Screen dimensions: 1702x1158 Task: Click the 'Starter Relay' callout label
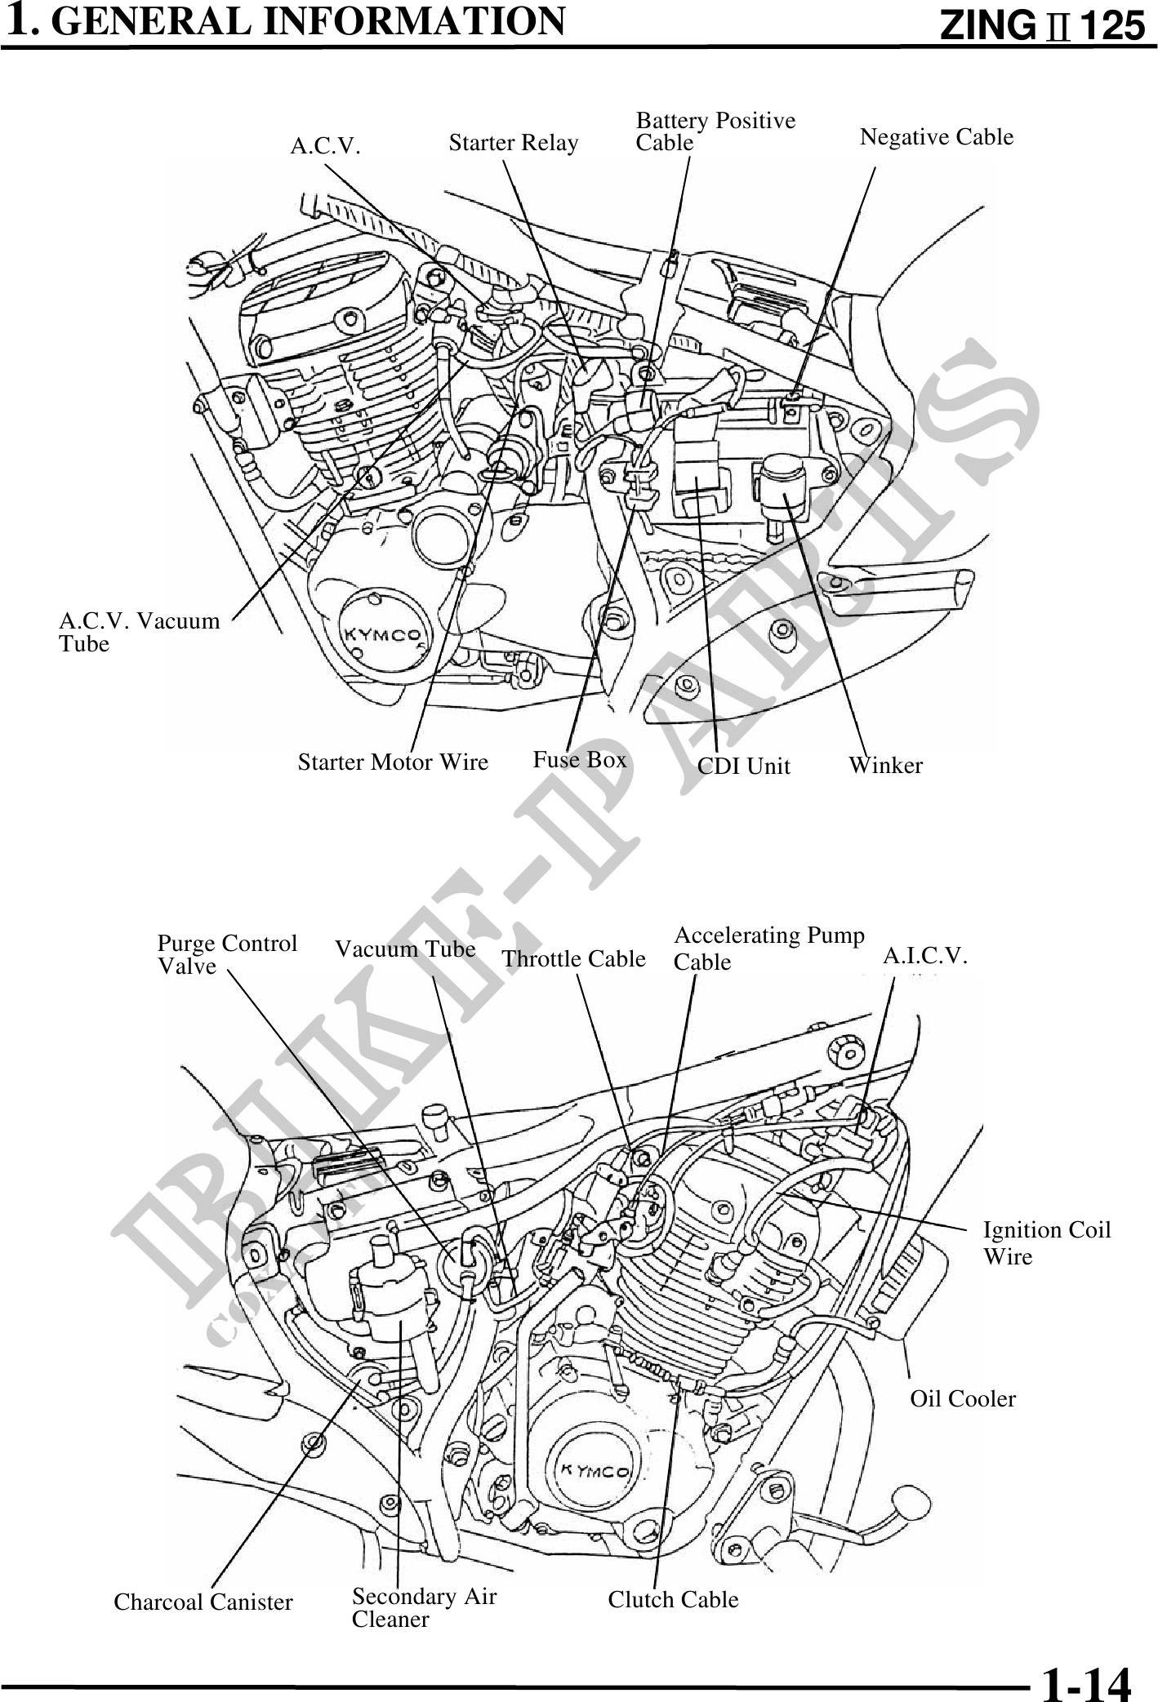coord(513,144)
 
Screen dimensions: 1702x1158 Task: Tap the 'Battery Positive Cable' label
coord(715,131)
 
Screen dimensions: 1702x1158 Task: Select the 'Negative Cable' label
coord(937,137)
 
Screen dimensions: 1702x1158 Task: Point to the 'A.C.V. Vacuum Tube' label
coord(139,633)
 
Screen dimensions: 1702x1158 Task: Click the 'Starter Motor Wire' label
coord(393,762)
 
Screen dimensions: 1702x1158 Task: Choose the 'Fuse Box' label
coord(580,760)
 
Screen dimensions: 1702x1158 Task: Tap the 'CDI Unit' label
coord(744,766)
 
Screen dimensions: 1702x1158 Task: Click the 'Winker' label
coord(885,766)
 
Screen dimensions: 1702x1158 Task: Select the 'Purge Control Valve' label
coord(226,955)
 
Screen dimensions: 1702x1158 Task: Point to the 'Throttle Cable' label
coord(573,958)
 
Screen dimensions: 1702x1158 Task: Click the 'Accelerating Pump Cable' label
coord(768,948)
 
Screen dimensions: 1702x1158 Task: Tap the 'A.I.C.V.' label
coord(925,956)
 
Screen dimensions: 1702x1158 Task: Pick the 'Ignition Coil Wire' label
coord(1046,1242)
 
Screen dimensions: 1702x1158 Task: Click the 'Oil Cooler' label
coord(963,1399)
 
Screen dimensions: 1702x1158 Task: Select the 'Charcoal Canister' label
coord(203,1602)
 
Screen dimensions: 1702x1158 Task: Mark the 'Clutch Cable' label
coord(673,1600)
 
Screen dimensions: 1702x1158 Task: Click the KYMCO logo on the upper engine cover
coord(381,634)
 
